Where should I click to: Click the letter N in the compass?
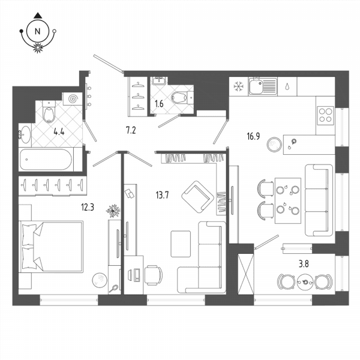[38, 31]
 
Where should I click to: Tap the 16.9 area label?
[253, 136]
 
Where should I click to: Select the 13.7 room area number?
[163, 195]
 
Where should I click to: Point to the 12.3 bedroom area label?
[88, 208]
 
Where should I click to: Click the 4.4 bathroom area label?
[59, 132]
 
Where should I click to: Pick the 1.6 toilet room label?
[159, 104]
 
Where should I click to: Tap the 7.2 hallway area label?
[131, 130]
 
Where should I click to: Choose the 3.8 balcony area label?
[304, 264]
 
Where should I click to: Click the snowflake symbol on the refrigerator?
[238, 86]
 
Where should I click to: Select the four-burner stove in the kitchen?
[325, 116]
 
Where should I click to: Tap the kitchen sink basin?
[256, 86]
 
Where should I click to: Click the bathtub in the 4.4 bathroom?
[46, 160]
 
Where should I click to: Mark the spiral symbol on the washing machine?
[73, 99]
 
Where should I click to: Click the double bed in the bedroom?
[51, 247]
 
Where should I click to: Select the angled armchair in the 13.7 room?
[197, 197]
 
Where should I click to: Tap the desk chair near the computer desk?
[153, 275]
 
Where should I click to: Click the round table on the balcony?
[305, 282]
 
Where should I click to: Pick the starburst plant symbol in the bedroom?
[113, 211]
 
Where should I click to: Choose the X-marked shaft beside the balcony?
[246, 274]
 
